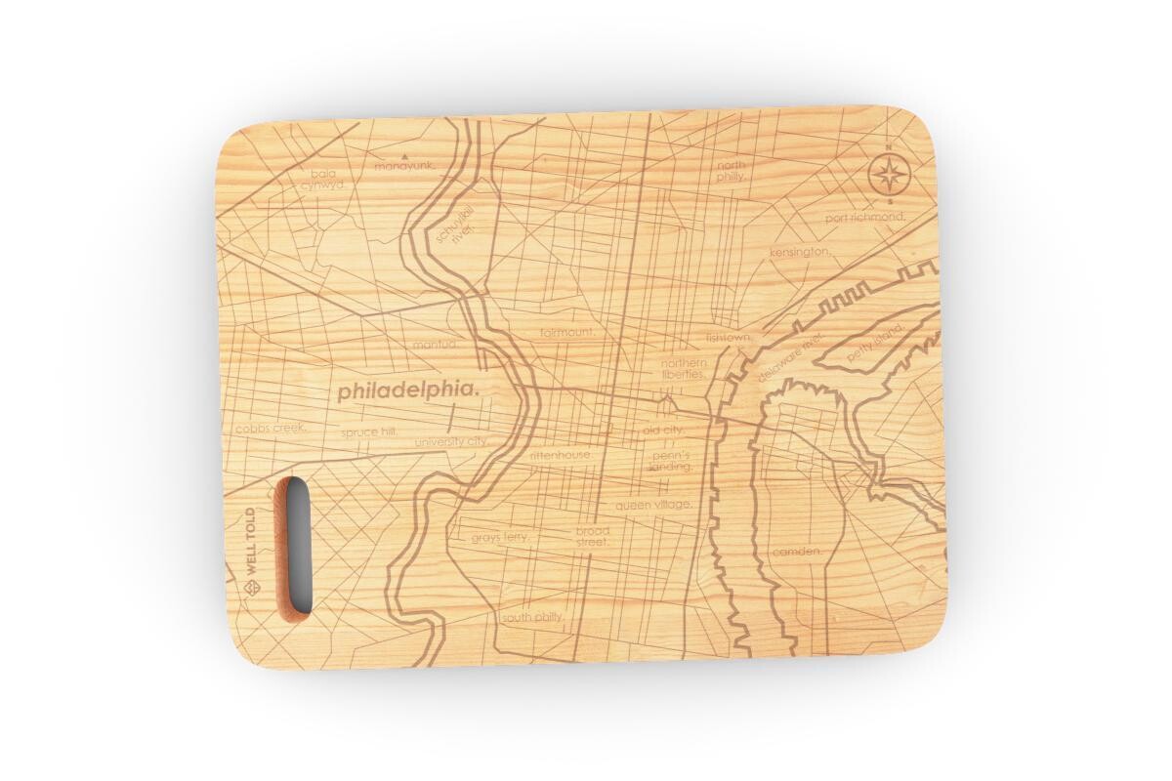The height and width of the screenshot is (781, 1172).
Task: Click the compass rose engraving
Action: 888,176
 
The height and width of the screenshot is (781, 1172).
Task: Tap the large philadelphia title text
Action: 409,390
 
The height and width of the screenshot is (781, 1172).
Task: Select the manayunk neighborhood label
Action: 403,166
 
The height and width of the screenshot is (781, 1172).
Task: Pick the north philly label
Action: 731,171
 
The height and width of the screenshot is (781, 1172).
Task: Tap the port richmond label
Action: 864,217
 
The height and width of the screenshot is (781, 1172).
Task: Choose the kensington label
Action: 800,252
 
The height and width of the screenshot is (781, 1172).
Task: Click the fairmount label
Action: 566,332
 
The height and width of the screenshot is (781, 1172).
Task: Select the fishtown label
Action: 731,338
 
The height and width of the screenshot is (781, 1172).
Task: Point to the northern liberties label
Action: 683,368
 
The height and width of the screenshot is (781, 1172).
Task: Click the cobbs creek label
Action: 271,428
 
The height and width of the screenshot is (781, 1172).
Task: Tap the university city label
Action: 450,441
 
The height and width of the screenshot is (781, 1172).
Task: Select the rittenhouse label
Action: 561,455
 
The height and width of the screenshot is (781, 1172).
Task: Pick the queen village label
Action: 653,505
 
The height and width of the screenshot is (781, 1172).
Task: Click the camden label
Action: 797,552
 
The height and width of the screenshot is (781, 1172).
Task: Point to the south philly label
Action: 533,617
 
